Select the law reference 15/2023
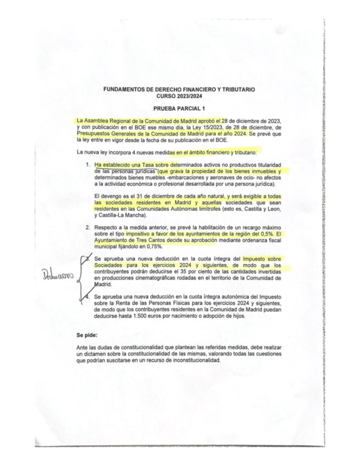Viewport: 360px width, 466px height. [196, 127]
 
